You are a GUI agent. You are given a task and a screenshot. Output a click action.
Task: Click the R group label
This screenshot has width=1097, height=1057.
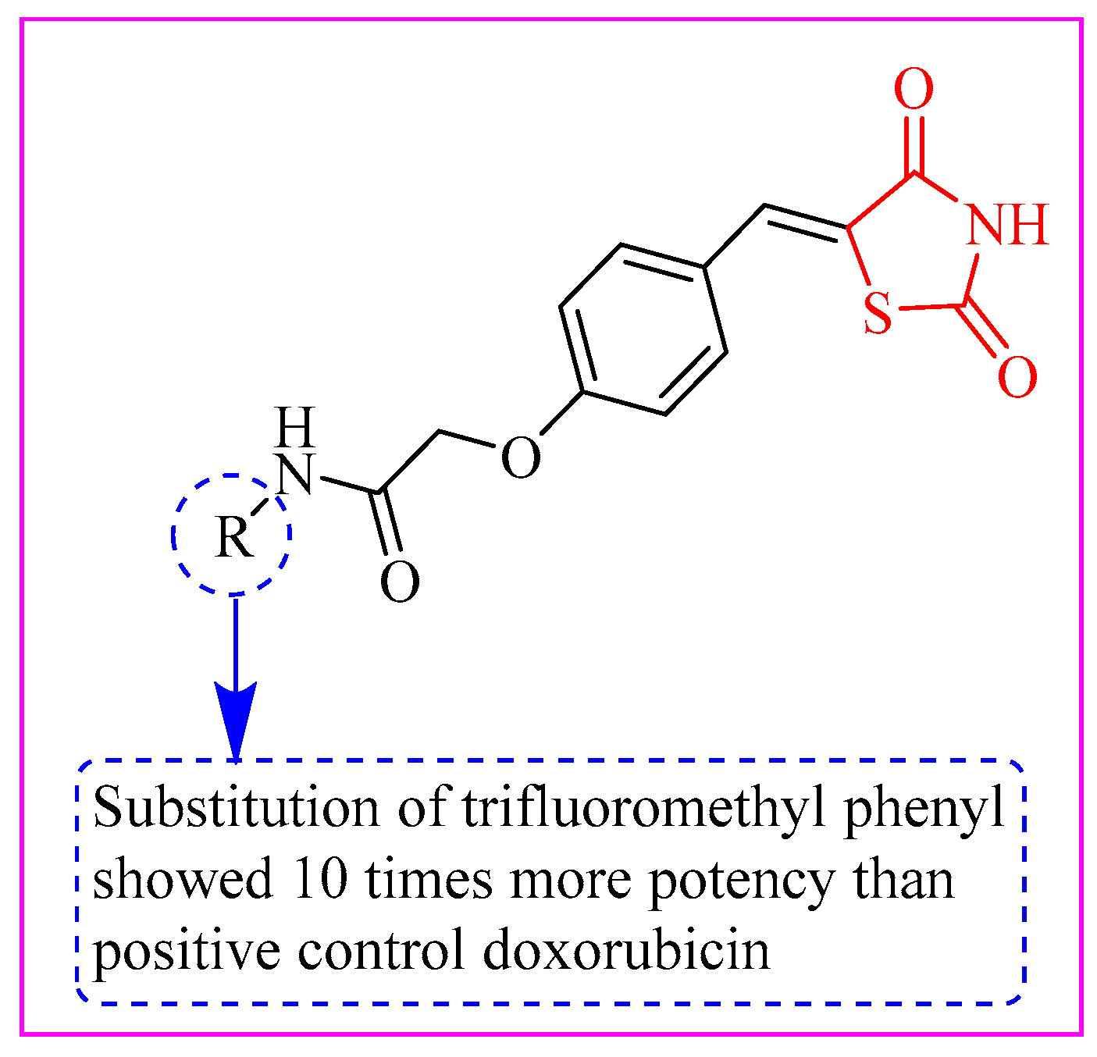click(234, 537)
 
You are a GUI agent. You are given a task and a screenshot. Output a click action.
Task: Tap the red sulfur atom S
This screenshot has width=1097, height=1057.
click(878, 315)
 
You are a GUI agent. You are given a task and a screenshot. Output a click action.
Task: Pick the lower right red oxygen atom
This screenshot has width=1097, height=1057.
click(1017, 377)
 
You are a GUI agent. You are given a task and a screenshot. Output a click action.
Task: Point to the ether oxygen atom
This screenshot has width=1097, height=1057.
click(520, 457)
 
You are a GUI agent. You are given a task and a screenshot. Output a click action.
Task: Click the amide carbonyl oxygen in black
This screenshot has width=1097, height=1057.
click(400, 582)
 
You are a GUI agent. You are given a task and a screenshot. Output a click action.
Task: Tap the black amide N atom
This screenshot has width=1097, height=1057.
click(295, 474)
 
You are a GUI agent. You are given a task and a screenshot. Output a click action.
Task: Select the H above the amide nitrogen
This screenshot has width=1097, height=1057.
click(296, 426)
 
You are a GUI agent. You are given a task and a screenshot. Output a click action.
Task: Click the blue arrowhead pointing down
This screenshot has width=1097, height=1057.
click(235, 714)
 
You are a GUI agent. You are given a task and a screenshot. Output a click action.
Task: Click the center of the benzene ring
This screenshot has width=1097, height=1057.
click(643, 329)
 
